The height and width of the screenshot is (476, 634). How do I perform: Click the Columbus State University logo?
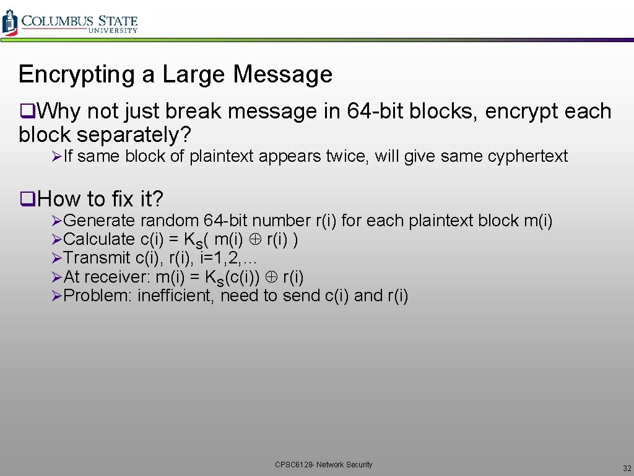tap(70, 22)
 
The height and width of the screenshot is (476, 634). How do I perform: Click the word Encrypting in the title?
tap(77, 74)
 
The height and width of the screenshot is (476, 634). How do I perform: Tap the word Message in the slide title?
tap(282, 74)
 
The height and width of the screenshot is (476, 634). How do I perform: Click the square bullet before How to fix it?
tap(25, 199)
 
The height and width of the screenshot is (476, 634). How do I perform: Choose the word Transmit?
tap(97, 258)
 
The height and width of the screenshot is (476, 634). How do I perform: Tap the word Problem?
tap(97, 296)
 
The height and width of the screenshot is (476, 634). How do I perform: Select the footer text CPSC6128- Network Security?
tap(324, 464)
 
